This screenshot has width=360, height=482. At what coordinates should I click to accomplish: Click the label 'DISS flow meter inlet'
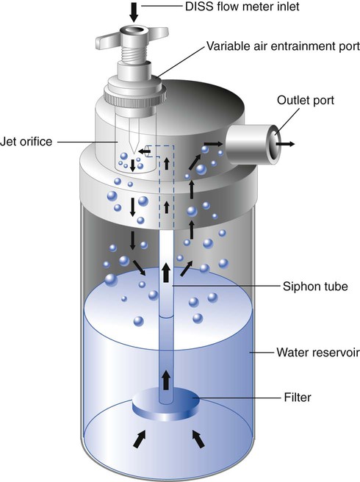point(242,7)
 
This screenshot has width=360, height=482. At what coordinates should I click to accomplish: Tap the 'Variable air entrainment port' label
point(283,46)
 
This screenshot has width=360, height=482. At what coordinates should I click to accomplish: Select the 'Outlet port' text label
point(306,100)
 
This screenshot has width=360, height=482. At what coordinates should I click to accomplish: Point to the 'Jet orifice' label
point(26,141)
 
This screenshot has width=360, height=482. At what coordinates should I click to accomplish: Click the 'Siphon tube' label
point(315,287)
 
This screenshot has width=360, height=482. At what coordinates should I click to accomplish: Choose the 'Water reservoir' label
point(318,352)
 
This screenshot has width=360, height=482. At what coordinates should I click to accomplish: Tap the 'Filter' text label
point(298,398)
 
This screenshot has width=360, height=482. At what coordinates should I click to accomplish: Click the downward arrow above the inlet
point(134,12)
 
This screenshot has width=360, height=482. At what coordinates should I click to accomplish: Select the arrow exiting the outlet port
point(285,144)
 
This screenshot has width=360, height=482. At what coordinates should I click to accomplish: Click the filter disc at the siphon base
point(166,404)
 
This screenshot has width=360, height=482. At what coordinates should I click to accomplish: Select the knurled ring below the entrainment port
point(135,96)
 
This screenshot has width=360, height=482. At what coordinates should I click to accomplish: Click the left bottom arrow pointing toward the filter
point(140,439)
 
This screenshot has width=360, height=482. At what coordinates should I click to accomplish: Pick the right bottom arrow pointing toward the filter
point(198,439)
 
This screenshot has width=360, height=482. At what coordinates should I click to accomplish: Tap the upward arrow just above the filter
point(166,381)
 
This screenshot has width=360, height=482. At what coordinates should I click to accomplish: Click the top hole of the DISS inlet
point(134,30)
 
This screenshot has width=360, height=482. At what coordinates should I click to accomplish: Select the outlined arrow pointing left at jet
point(144,151)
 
